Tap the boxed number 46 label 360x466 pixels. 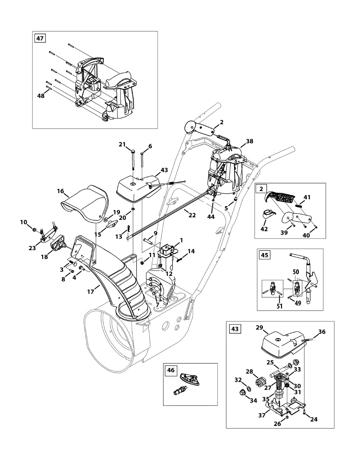(171, 370)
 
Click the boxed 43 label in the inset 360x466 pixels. (235, 329)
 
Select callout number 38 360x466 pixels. (249, 141)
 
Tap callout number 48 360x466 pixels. (41, 96)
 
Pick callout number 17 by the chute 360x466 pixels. (91, 291)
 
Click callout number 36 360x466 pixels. (322, 332)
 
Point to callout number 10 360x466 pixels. (23, 222)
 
